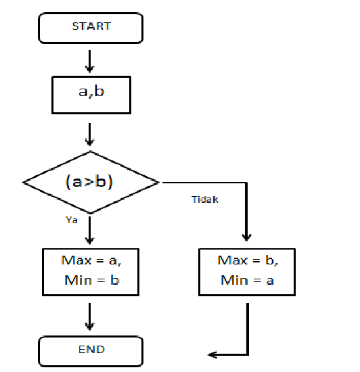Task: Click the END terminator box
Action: tap(91, 351)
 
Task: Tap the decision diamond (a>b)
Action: tap(91, 182)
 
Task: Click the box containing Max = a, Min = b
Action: tap(91, 271)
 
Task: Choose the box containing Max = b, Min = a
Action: tap(247, 271)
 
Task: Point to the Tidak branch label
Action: tap(206, 200)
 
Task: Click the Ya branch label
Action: tap(71, 220)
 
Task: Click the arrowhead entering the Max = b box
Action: tap(247, 237)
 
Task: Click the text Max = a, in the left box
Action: tap(91, 260)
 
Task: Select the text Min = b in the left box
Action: tap(91, 281)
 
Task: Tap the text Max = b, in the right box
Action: tap(247, 260)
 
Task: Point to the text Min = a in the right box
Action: tap(247, 281)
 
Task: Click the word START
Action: tap(91, 26)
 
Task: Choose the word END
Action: tap(91, 350)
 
